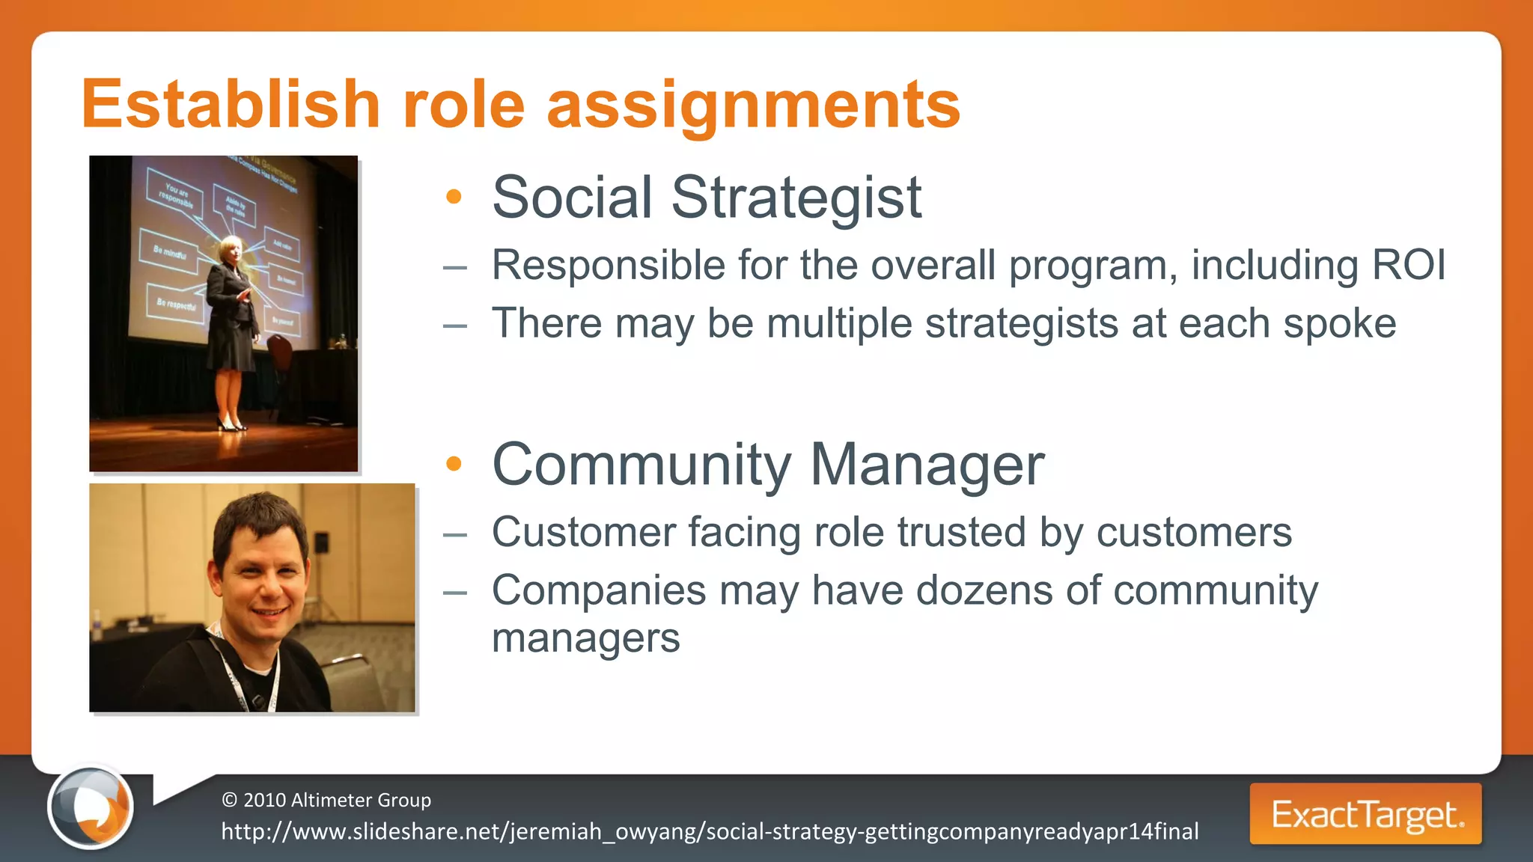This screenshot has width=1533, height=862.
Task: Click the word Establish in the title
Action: [231, 105]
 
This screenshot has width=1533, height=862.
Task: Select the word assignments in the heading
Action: [753, 106]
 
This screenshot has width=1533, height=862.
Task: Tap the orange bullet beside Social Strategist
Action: [454, 197]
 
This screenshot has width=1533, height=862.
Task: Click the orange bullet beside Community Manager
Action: [454, 464]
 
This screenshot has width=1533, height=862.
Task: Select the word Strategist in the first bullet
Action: [796, 198]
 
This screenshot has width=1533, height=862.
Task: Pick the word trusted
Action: [961, 532]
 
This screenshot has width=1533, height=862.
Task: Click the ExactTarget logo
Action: [1365, 814]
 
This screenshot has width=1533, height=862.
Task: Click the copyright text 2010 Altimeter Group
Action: [327, 800]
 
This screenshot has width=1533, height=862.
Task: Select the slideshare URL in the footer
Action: [710, 831]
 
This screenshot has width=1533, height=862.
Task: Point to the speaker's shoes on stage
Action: [231, 424]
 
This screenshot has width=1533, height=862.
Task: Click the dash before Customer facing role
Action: [454, 534]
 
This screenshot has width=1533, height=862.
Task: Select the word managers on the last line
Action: [585, 638]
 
